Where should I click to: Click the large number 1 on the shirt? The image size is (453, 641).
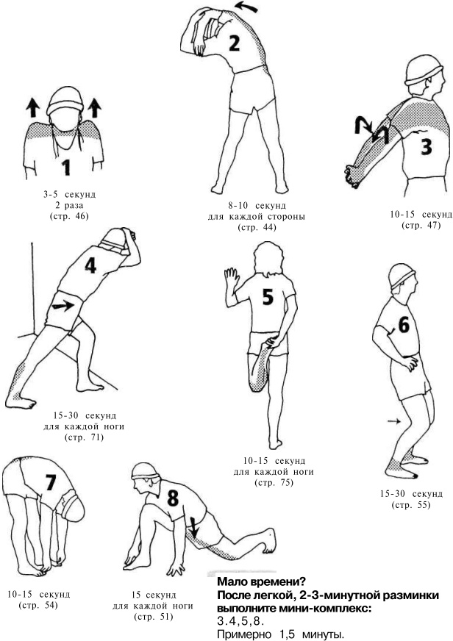pos(66,167)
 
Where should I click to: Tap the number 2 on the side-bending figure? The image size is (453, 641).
pos(234,43)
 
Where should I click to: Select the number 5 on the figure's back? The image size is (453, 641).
pos(268,297)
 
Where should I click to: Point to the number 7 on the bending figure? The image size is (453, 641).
pos(50,481)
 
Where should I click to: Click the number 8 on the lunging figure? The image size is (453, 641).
pos(173,498)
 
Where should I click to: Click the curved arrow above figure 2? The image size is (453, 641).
pos(246,7)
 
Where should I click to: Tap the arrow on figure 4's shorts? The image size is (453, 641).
pos(63,306)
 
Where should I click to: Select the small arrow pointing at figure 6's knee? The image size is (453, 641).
pos(394,420)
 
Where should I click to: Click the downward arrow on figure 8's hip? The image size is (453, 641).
pos(194,527)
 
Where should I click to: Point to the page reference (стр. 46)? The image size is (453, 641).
pos(68,216)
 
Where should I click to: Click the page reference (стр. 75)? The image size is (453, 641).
pos(274,482)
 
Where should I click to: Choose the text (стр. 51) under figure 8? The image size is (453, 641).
pos(153,617)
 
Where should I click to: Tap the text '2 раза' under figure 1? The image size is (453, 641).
pos(68,205)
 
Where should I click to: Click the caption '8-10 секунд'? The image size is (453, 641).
pos(257,205)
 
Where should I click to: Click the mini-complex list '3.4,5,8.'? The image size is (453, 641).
pos(240,622)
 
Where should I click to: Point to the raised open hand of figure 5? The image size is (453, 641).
pos(232,280)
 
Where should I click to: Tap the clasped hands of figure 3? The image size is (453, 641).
pos(352,176)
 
